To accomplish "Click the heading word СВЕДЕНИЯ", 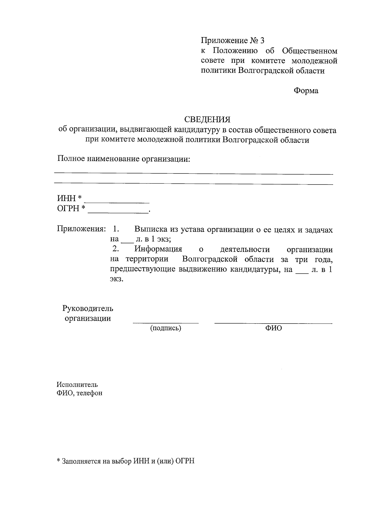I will pos(207,119).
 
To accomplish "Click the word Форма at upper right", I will pos(306,91).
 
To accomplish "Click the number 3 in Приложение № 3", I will pos(262,40).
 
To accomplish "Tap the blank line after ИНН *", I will pos(117,202).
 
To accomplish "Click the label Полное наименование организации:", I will pos(124,159).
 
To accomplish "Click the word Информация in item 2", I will pos(158,249).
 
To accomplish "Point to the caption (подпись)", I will pos(166,328).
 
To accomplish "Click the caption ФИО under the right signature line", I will pos(274,328).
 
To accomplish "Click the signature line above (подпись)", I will pos(166,322).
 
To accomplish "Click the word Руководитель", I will pos(88,308).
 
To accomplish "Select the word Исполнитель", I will pos(77,385).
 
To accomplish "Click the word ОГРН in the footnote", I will pos(185,461).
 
